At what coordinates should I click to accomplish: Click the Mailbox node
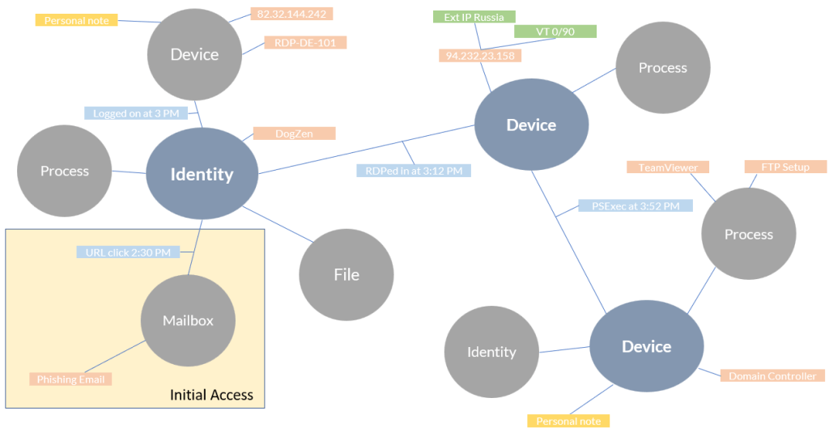tap(188, 320)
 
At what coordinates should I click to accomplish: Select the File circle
tap(346, 274)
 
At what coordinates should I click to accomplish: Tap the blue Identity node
tap(202, 173)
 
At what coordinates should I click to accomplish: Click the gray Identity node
tap(491, 352)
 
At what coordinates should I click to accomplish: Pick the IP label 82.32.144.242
tap(291, 14)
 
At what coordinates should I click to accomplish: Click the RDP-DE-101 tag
tap(305, 43)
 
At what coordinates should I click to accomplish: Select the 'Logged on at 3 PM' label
tap(135, 113)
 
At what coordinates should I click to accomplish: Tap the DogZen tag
tap(294, 133)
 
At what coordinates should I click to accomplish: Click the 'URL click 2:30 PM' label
tap(128, 252)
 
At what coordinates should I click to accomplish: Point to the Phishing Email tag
tap(70, 379)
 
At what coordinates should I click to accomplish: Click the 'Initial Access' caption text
tap(211, 395)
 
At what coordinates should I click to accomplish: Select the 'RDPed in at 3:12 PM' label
tap(413, 171)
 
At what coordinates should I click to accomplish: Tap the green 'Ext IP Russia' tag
tap(474, 17)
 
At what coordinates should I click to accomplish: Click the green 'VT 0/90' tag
tap(555, 32)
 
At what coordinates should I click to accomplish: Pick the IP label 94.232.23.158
tap(481, 56)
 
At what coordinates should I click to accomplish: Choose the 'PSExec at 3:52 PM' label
tap(636, 206)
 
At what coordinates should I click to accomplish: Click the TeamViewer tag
tap(668, 167)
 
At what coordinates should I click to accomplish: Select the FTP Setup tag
tap(784, 167)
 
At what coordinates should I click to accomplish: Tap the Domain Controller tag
tap(772, 376)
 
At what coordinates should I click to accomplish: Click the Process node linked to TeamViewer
tap(748, 234)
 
